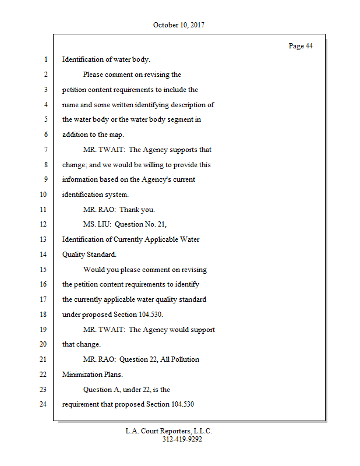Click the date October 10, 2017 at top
click(x=179, y=25)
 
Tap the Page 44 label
click(x=301, y=46)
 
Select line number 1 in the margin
click(x=45, y=59)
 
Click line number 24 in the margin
click(x=43, y=404)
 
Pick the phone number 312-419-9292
click(x=182, y=440)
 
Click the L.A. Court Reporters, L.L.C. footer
click(x=169, y=431)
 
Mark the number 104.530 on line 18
click(x=149, y=315)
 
